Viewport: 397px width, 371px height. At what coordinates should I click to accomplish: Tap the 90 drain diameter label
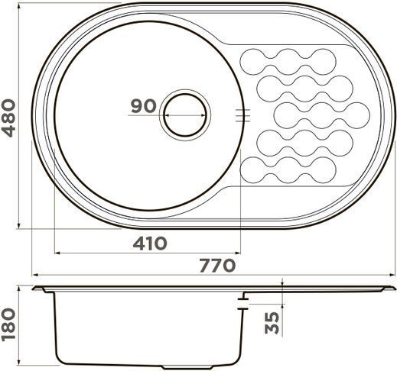pyautogui.click(x=143, y=106)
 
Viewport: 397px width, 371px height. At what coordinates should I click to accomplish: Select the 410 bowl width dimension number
pyautogui.click(x=150, y=244)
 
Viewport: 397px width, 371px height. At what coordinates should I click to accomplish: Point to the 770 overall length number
pyautogui.click(x=217, y=265)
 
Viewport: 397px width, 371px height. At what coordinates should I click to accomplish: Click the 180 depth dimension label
pyautogui.click(x=8, y=324)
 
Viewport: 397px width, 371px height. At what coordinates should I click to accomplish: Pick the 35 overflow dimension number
pyautogui.click(x=272, y=323)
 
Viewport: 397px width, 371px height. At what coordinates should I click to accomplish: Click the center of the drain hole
pyautogui.click(x=185, y=115)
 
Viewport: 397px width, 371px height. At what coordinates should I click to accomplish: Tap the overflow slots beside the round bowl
pyautogui.click(x=242, y=115)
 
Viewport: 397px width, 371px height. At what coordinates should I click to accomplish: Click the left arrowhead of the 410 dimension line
pyautogui.click(x=57, y=253)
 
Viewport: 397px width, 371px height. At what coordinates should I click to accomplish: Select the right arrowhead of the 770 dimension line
pyautogui.click(x=392, y=275)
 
